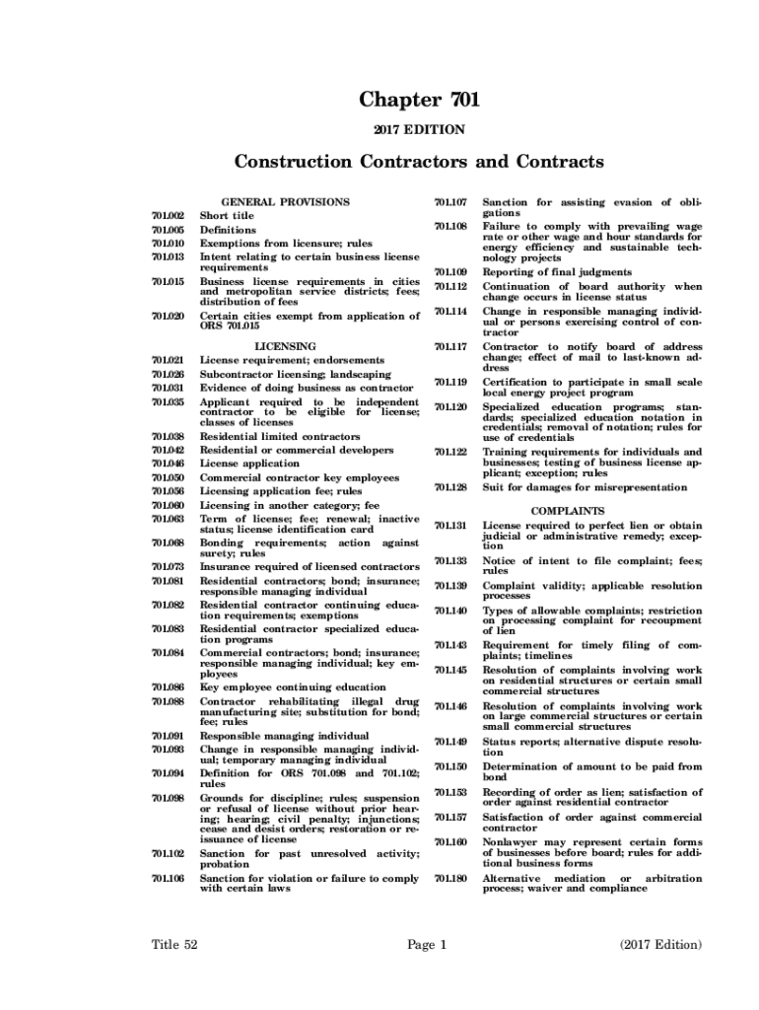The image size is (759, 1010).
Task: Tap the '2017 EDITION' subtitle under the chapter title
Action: (419, 129)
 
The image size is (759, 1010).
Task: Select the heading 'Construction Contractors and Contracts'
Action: (419, 161)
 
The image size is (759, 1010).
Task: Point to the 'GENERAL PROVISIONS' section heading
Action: (286, 201)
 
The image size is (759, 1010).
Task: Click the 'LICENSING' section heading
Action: (286, 346)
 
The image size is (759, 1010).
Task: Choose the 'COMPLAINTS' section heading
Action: (567, 511)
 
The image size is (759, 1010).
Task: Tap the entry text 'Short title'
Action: (227, 215)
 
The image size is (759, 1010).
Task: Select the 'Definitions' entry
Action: (228, 230)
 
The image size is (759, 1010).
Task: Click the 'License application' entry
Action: (249, 463)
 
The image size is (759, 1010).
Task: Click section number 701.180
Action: (450, 878)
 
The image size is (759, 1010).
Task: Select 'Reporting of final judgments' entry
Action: (557, 271)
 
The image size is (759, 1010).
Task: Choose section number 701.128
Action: (450, 487)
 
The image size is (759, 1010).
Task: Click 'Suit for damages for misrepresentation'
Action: (585, 487)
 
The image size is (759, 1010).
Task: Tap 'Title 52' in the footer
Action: (174, 944)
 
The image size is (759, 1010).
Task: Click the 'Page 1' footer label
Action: (428, 944)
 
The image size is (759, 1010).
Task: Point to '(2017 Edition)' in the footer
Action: (660, 944)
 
